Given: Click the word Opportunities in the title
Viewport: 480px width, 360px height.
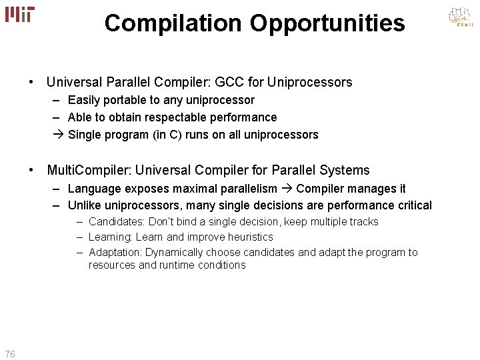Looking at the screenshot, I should click(x=327, y=23).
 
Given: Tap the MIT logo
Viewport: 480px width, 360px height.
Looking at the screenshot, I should click(x=20, y=15).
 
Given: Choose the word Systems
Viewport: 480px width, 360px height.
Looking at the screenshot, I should click(x=345, y=170).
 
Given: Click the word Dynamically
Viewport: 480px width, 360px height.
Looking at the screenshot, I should click(x=175, y=252).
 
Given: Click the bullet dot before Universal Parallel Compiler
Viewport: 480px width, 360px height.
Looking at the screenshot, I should click(x=31, y=83).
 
